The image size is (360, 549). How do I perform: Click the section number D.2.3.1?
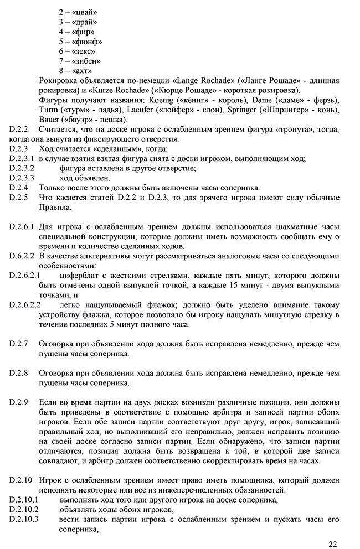tap(22, 159)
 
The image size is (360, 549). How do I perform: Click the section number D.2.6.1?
tap(22, 227)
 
